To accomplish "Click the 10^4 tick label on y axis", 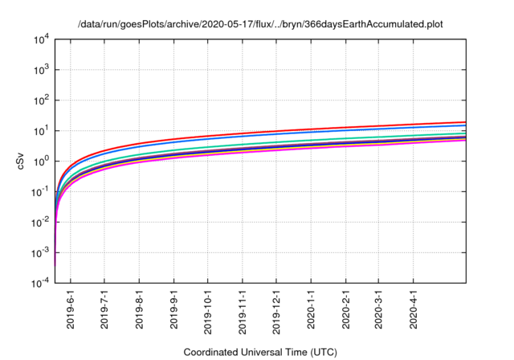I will click(42, 39).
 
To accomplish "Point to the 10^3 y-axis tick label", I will click(42, 70).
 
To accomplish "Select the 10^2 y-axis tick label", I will click(42, 100).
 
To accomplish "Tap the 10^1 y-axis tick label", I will click(42, 131).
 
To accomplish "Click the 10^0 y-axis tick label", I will click(42, 162).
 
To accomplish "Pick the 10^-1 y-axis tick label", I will click(40, 192).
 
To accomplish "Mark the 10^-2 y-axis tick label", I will click(40, 223).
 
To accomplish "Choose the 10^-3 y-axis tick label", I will click(40, 253).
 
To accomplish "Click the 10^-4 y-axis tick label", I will click(40, 284).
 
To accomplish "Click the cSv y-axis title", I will click(20, 162).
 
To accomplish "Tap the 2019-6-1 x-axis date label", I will click(70, 309).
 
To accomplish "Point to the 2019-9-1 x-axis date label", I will click(174, 309).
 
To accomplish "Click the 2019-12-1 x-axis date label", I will click(277, 309).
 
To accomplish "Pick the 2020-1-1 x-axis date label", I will click(312, 309).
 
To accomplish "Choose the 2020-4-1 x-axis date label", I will click(414, 309).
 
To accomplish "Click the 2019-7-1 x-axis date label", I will click(104, 309).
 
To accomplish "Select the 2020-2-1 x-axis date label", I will click(346, 309).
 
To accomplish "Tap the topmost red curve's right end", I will click(465, 122).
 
